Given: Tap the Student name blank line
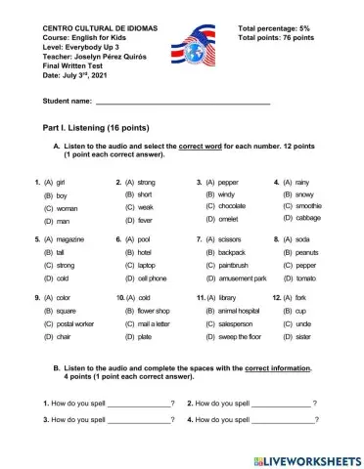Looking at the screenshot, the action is tap(183, 102).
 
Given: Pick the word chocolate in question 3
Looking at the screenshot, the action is tap(231, 207).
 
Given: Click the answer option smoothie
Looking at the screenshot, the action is tap(307, 207).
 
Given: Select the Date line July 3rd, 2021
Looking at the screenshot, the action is tap(73, 75).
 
